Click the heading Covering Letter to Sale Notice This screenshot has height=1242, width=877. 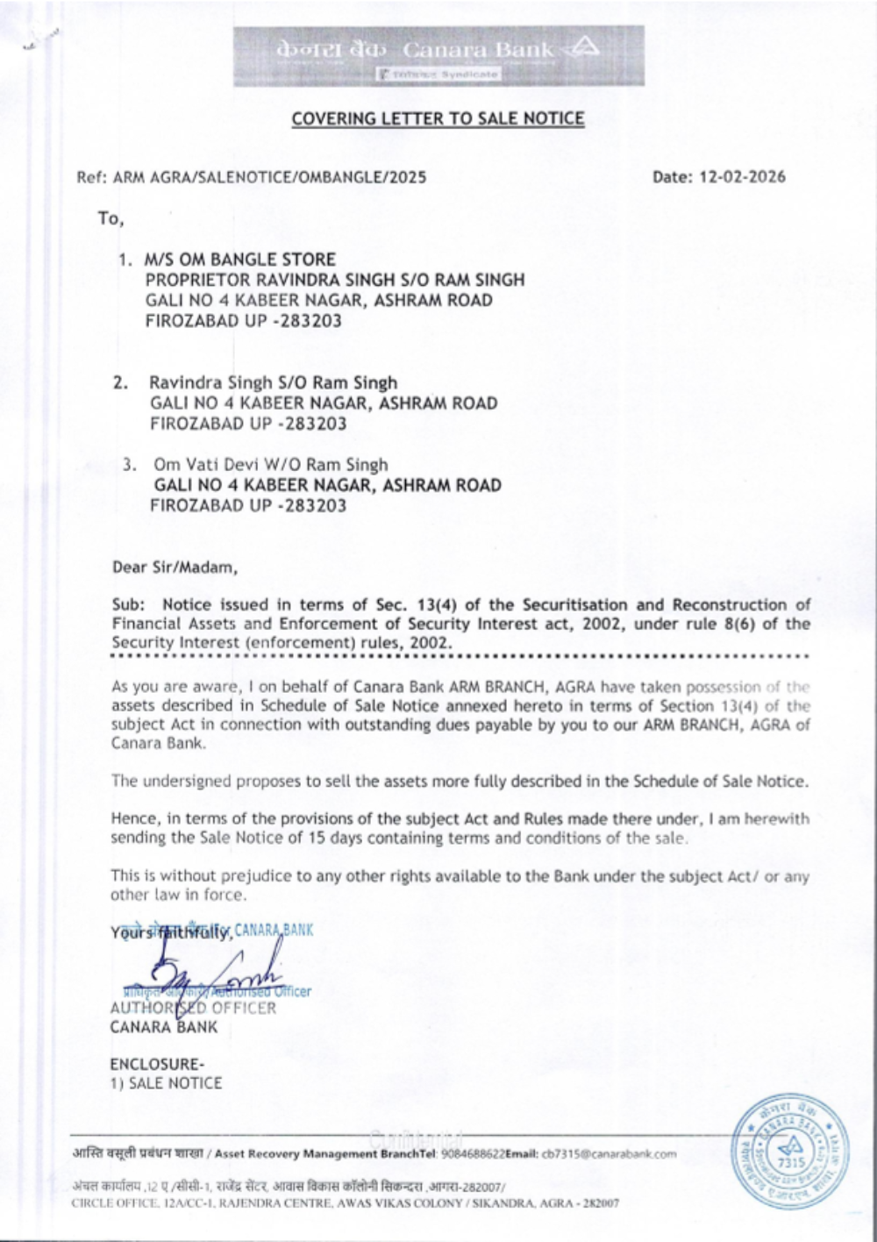pyautogui.click(x=438, y=118)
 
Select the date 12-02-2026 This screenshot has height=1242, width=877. pyautogui.click(x=742, y=177)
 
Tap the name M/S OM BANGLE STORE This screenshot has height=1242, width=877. pyautogui.click(x=240, y=260)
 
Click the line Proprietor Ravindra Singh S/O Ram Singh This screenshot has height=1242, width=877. pyautogui.click(x=334, y=280)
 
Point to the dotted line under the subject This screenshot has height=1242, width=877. pyautogui.click(x=459, y=655)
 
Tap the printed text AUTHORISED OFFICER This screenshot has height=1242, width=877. pyautogui.click(x=193, y=1008)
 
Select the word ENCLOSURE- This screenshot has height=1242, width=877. pyautogui.click(x=156, y=1064)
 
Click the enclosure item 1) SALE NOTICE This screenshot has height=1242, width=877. pyautogui.click(x=166, y=1083)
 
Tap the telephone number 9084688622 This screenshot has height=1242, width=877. pyautogui.click(x=469, y=1153)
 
